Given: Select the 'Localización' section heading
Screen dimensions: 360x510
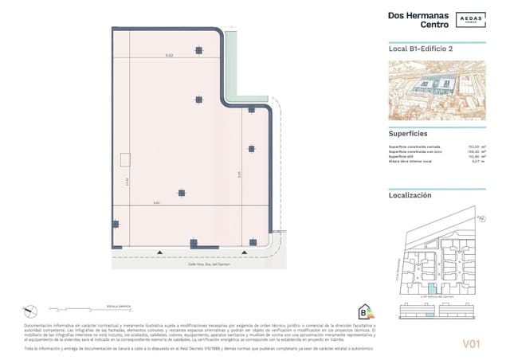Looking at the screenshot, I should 410,194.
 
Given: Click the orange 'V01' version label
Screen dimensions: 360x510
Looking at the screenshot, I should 473,344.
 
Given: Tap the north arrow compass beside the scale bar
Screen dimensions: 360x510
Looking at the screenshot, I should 29,308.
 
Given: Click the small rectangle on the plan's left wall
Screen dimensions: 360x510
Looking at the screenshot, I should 124,160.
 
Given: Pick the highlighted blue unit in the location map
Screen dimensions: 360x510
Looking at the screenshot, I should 432,289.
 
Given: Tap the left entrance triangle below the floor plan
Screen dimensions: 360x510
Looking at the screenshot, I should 160,253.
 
